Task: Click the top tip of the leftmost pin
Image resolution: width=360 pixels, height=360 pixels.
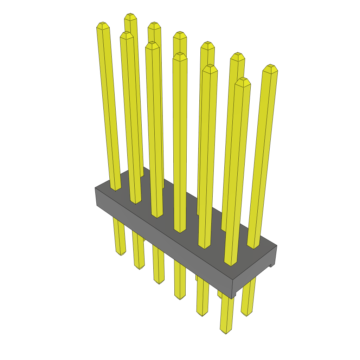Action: [x=103, y=25]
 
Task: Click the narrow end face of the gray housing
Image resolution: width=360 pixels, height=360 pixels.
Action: [x=255, y=272]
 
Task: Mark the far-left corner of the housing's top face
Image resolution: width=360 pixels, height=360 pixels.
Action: [x=95, y=188]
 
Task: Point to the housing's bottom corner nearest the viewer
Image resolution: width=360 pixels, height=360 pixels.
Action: [x=232, y=298]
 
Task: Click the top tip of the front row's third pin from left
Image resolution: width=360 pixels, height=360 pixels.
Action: [x=152, y=45]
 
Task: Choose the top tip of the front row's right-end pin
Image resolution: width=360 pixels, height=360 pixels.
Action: [x=243, y=81]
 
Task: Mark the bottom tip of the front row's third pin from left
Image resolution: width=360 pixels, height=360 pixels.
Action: [x=159, y=282]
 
